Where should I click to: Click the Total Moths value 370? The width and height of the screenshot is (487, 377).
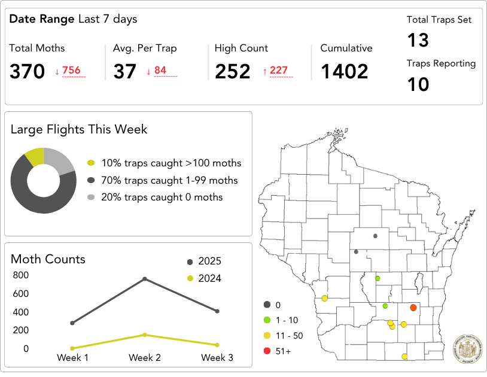click(x=27, y=72)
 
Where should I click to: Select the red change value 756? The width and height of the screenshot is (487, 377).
click(x=71, y=71)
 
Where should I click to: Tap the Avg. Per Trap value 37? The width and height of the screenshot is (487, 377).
click(x=125, y=72)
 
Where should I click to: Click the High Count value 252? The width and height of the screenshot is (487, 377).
click(x=233, y=72)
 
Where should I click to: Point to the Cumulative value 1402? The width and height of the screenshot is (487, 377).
click(x=345, y=72)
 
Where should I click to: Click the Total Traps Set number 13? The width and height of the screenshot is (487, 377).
click(x=418, y=40)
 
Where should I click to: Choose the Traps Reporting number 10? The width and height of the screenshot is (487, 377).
click(x=418, y=84)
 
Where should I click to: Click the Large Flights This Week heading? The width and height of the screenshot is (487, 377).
click(x=79, y=129)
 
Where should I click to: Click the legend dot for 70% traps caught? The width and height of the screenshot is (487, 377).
click(x=91, y=180)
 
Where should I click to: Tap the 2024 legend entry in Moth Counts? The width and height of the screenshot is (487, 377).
click(x=204, y=278)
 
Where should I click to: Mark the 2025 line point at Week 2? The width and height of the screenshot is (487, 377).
click(x=145, y=279)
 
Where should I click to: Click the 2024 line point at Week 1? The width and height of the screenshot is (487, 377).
click(x=72, y=348)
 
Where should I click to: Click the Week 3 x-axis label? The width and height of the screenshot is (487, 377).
click(x=217, y=358)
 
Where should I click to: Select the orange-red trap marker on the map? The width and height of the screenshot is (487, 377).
click(x=413, y=308)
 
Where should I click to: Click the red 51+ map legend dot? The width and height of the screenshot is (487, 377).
click(x=266, y=351)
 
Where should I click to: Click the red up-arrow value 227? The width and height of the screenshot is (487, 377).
click(x=278, y=71)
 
